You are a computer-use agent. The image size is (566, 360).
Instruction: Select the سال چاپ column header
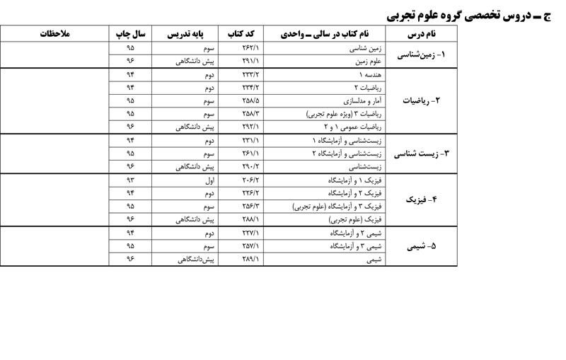point(131,34)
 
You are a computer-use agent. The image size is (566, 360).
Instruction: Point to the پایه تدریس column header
point(187,34)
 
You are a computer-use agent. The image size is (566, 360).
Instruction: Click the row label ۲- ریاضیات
point(422,100)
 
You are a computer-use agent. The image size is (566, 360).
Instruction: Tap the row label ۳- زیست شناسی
point(422,153)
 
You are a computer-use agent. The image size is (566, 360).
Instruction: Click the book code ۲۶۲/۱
point(251,47)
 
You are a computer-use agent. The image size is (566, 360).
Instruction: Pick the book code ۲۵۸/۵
point(251,100)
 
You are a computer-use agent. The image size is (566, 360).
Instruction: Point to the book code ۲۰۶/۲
point(251,180)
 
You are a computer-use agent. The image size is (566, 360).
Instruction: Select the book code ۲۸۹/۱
point(251,260)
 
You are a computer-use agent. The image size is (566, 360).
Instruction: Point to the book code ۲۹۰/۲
point(251,167)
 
